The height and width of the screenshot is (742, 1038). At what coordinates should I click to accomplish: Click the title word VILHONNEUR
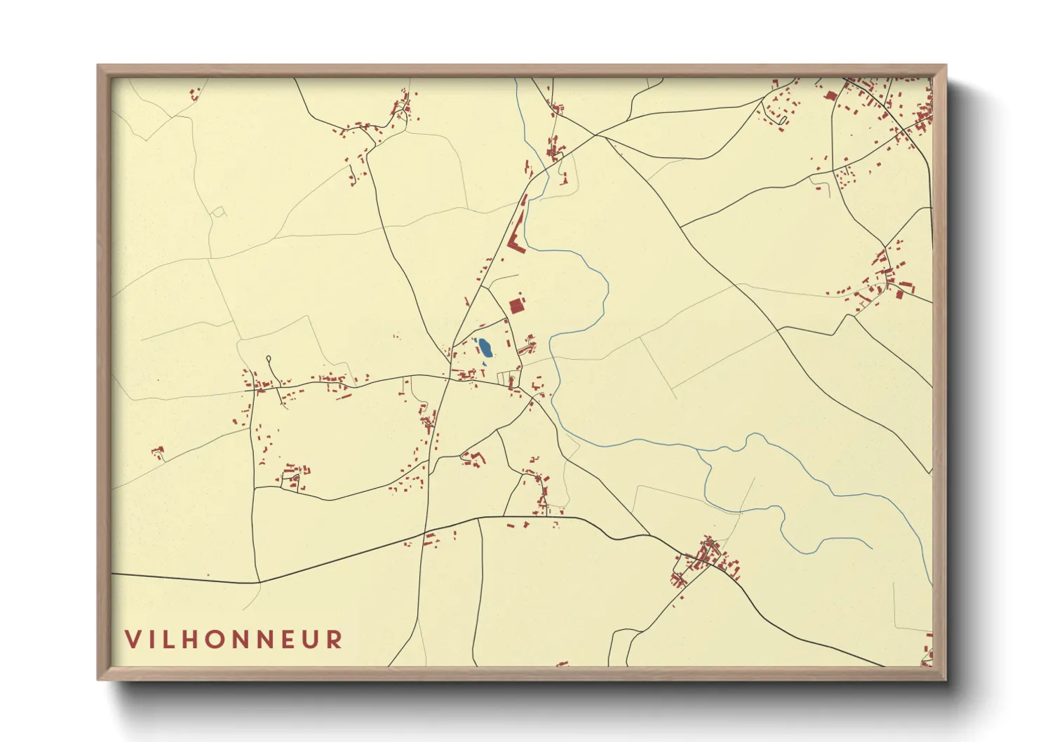pos(234,640)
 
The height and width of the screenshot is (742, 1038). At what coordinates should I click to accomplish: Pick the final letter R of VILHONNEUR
pos(335,640)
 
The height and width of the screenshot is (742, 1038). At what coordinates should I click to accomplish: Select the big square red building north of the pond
pos(517,306)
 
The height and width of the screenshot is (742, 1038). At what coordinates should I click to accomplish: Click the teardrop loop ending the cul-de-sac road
pos(270,360)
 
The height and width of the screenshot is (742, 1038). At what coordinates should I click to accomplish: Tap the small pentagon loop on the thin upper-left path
pos(218,210)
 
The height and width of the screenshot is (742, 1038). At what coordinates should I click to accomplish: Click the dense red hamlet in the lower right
pos(704,560)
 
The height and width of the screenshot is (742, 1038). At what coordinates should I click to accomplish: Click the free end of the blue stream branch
pos(871,547)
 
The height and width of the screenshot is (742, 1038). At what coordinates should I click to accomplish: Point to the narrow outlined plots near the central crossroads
pos(504,378)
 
